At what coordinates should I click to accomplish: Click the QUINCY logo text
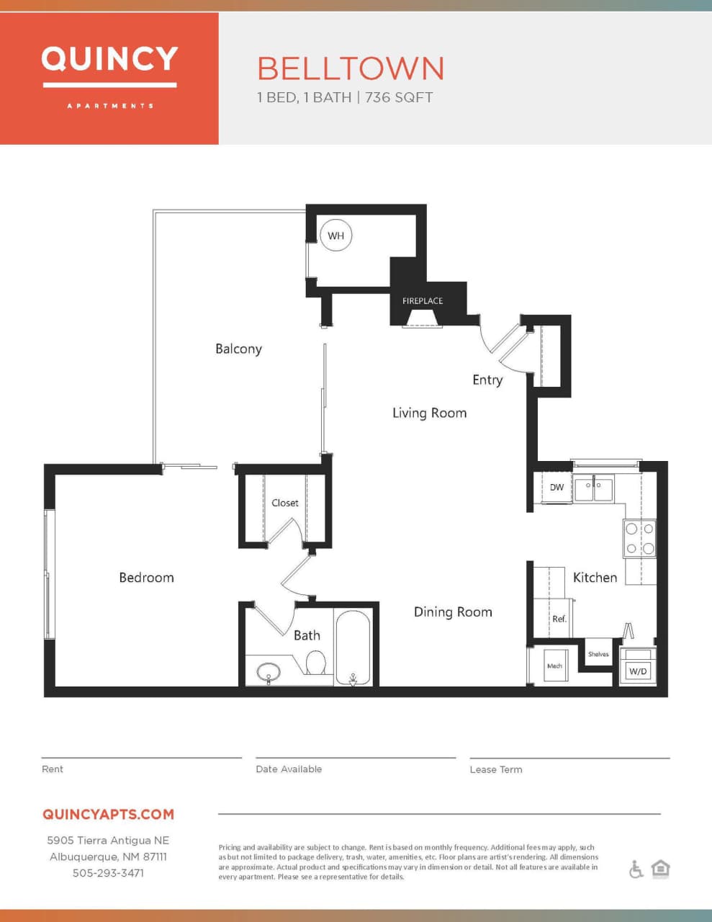109,59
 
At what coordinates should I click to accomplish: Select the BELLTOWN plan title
351,69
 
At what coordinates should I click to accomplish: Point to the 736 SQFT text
399,97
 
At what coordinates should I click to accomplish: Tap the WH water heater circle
335,236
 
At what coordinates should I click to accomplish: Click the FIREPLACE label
423,301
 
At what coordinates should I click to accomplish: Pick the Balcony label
238,349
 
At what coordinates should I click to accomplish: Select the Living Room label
429,413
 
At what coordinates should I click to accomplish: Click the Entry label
487,380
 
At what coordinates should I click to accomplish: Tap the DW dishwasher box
556,488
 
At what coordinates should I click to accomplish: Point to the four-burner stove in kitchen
639,538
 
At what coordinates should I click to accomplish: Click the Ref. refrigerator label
559,619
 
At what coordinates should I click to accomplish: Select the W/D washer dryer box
638,671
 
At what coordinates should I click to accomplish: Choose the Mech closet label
554,666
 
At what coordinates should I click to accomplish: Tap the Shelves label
598,654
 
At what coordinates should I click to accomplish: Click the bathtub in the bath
353,647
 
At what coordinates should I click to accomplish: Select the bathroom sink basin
269,673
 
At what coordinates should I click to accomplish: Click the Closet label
284,503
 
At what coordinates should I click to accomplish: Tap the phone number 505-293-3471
108,873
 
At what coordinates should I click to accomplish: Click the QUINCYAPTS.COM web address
108,815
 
